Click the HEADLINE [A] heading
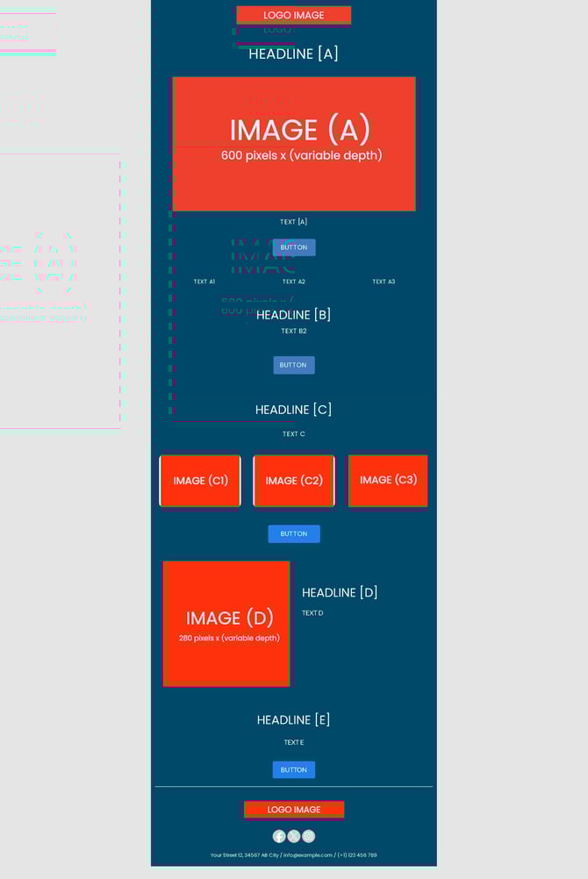[x=293, y=54]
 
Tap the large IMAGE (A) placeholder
[x=293, y=144]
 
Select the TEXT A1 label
[x=204, y=282]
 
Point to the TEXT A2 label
[x=294, y=282]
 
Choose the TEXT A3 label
[x=384, y=282]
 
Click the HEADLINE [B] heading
[x=293, y=315]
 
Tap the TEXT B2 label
[x=294, y=332]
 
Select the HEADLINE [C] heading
[x=293, y=410]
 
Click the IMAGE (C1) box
[x=200, y=481]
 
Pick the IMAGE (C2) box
[x=294, y=481]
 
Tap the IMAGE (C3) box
[x=388, y=480]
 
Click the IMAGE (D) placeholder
[x=226, y=623]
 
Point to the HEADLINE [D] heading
[x=340, y=593]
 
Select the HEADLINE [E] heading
[x=293, y=720]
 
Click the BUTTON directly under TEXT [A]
[x=294, y=247]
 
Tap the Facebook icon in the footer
[x=279, y=836]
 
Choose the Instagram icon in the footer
[x=309, y=836]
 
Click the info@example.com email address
[x=308, y=855]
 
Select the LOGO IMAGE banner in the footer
[x=294, y=810]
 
